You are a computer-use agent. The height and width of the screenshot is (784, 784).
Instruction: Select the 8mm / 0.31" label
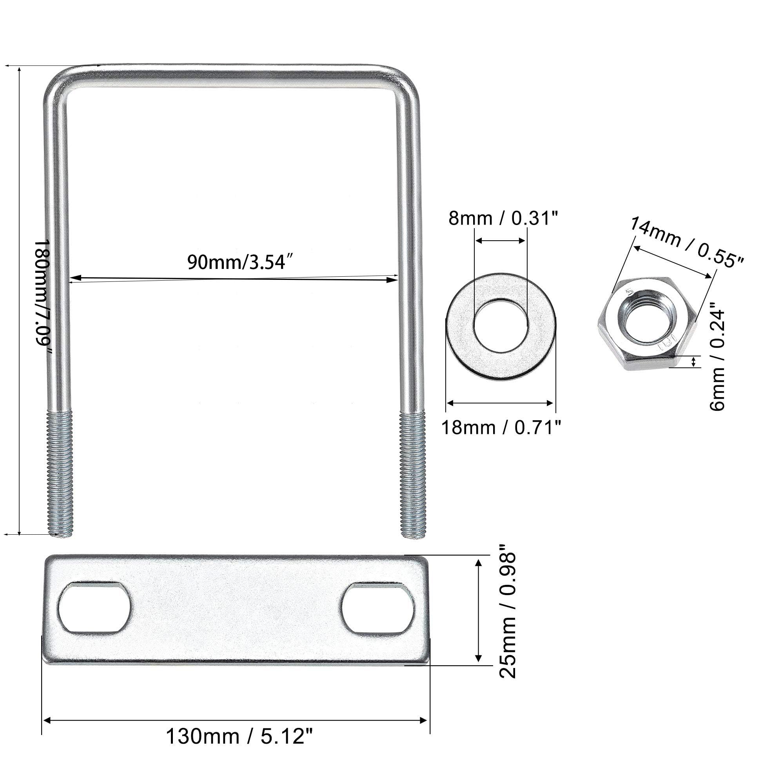click(x=504, y=218)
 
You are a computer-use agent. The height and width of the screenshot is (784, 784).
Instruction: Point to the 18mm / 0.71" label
click(x=501, y=428)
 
